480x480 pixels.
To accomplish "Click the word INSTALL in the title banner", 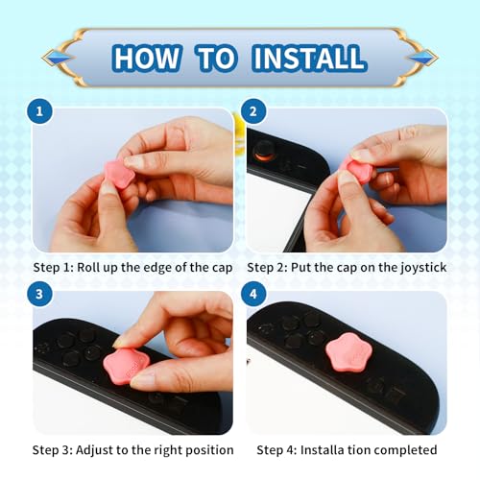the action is coord(309,58).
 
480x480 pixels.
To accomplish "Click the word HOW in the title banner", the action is coord(147,58).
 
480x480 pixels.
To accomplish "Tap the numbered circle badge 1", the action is coord(39,111).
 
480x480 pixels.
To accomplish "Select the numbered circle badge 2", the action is coord(253,111).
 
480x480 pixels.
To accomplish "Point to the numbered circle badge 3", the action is coord(39,294).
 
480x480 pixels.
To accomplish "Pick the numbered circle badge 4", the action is coord(253,294).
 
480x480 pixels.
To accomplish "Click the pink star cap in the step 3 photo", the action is coord(127,366).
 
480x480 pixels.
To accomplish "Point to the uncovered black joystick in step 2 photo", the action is coord(263,150).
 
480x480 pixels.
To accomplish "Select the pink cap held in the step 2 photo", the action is coord(358,170).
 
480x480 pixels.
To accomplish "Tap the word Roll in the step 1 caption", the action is coord(87,267).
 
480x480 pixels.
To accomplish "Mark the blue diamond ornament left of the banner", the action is coord(59,58).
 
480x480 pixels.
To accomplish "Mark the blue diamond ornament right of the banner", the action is coord(422,58).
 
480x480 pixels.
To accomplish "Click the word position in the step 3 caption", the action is coord(210,450).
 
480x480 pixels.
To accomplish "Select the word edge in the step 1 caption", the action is coord(157,268).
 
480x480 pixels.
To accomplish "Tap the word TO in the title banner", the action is coord(217,58).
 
